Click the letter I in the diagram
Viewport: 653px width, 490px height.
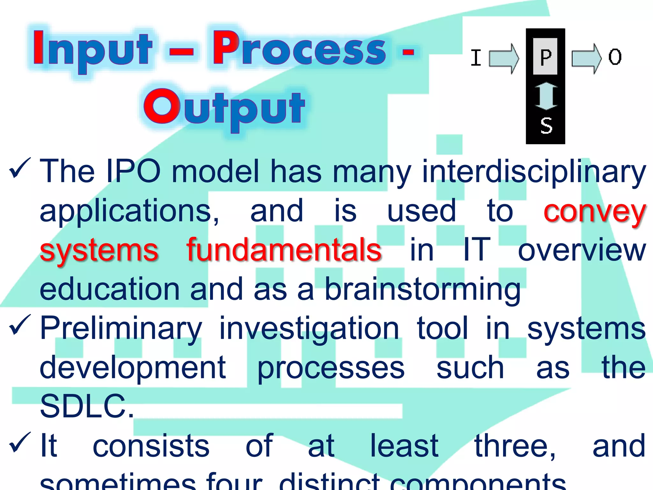476,58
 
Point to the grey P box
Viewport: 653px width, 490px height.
545,57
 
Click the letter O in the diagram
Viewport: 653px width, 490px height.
615,57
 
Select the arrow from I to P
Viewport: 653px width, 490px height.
504,58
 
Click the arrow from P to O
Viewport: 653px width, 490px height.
586,58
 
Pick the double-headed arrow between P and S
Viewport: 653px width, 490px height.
546,96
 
